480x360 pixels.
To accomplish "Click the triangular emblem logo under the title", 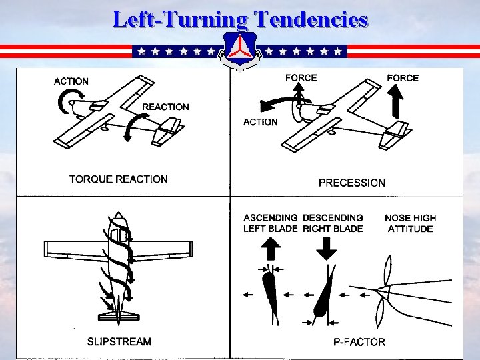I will click(x=240, y=51).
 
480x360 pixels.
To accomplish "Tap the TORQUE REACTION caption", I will click(x=119, y=179).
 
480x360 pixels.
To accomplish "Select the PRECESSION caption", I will click(x=352, y=183).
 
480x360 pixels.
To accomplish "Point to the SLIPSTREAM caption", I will click(x=119, y=342).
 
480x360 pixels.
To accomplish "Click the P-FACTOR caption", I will click(x=359, y=342).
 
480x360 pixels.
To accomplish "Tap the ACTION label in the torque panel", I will click(x=71, y=81).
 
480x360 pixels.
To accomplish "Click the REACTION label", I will click(x=165, y=107).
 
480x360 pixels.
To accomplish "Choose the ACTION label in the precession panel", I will click(x=261, y=122).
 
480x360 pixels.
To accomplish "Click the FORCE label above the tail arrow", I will click(x=403, y=78).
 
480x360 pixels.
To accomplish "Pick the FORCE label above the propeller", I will click(x=301, y=78).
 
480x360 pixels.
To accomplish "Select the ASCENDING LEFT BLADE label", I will click(x=271, y=223).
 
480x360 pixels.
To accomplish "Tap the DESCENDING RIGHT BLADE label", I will click(x=333, y=223).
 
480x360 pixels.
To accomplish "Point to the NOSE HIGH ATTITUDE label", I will click(x=410, y=223).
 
